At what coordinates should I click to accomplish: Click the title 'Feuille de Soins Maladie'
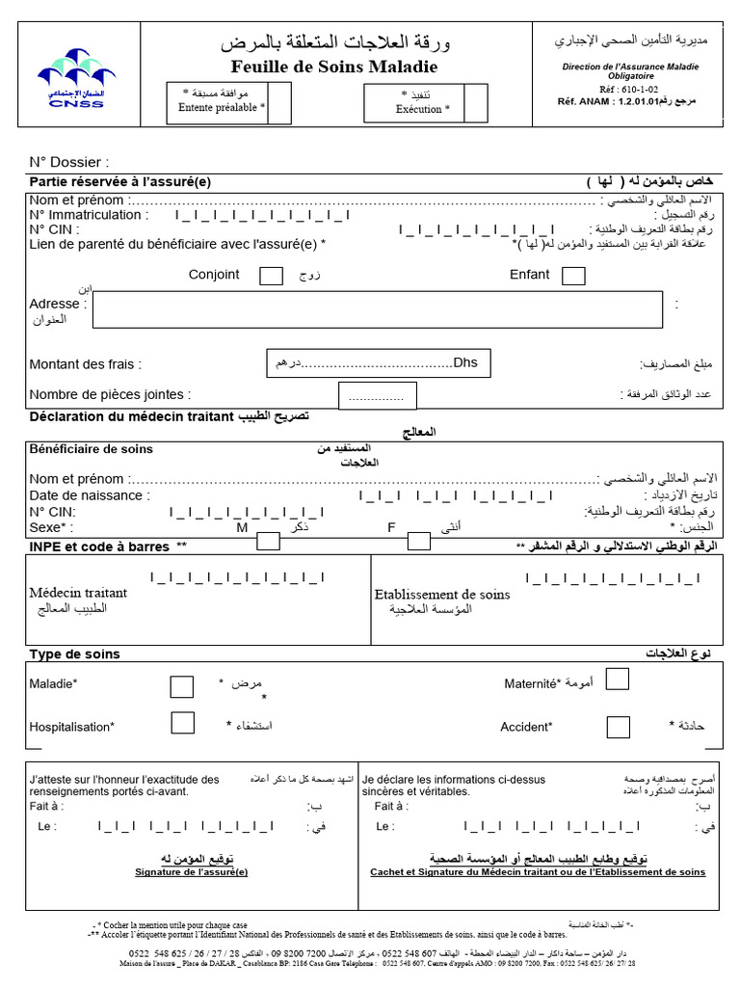click(x=334, y=67)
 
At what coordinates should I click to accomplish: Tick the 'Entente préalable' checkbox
click(x=278, y=103)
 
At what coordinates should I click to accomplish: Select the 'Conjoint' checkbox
click(x=272, y=276)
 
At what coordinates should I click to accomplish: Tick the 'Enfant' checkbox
click(x=572, y=276)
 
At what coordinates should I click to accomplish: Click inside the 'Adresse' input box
click(x=377, y=309)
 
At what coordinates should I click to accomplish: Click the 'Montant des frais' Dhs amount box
click(x=377, y=363)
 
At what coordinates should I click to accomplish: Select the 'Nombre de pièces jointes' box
click(x=378, y=395)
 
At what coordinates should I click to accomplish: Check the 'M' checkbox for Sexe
click(x=269, y=541)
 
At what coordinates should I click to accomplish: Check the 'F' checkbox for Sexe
click(x=418, y=541)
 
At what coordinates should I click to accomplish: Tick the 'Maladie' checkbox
click(x=181, y=686)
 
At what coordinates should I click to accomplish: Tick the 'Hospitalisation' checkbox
click(x=182, y=723)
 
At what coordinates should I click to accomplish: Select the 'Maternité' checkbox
click(x=617, y=680)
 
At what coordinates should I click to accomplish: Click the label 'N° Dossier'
click(x=68, y=162)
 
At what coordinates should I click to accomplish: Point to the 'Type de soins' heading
click(x=75, y=654)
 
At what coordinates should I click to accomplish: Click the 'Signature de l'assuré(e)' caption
click(x=191, y=872)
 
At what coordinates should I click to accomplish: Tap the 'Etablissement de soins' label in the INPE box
click(x=441, y=595)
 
